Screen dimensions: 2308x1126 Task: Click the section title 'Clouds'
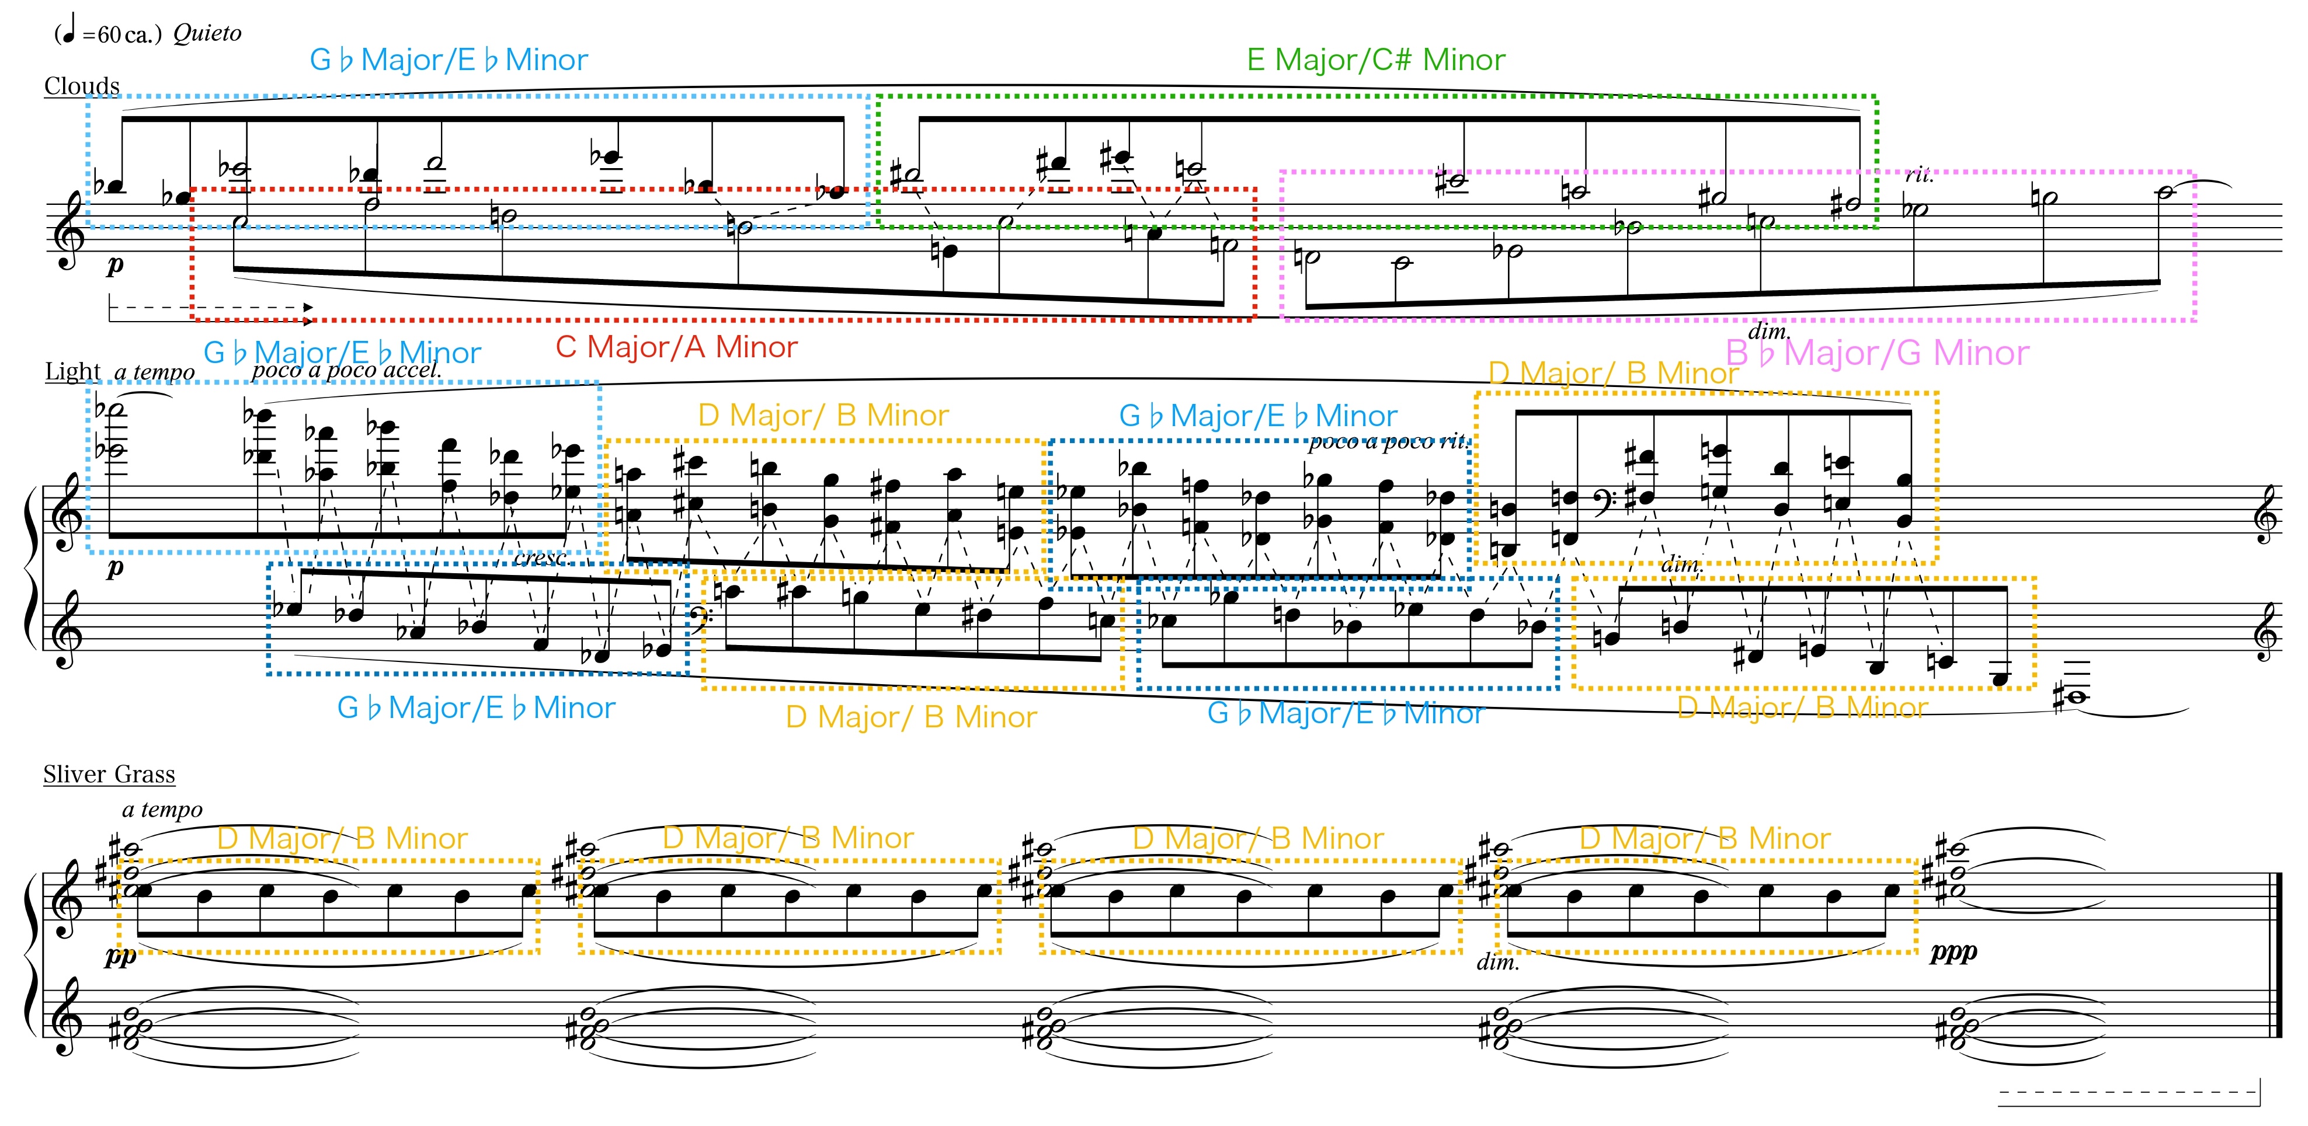pyautogui.click(x=82, y=86)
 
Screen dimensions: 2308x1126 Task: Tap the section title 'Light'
pyautogui.click(x=74, y=371)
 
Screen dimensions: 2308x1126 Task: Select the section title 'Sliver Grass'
pyautogui.click(x=109, y=774)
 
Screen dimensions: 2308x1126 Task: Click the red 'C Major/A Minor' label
pyautogui.click(x=676, y=347)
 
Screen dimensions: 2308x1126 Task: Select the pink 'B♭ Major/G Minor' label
pyautogui.click(x=1877, y=353)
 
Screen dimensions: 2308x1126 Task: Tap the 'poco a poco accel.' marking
pyautogui.click(x=347, y=370)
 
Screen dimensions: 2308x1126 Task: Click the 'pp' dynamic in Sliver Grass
pyautogui.click(x=121, y=957)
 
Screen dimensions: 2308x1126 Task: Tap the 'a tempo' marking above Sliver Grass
pyautogui.click(x=162, y=810)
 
